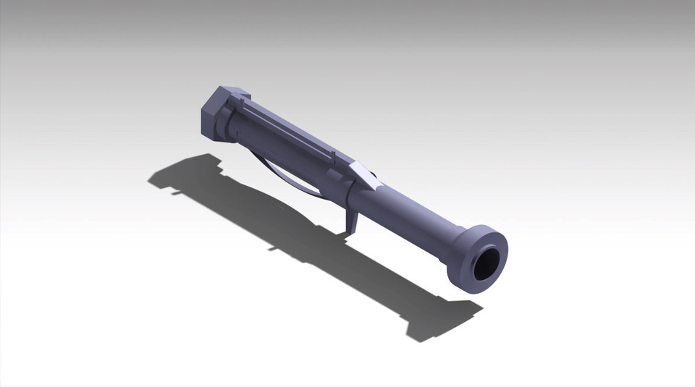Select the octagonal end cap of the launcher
click(216, 116)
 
